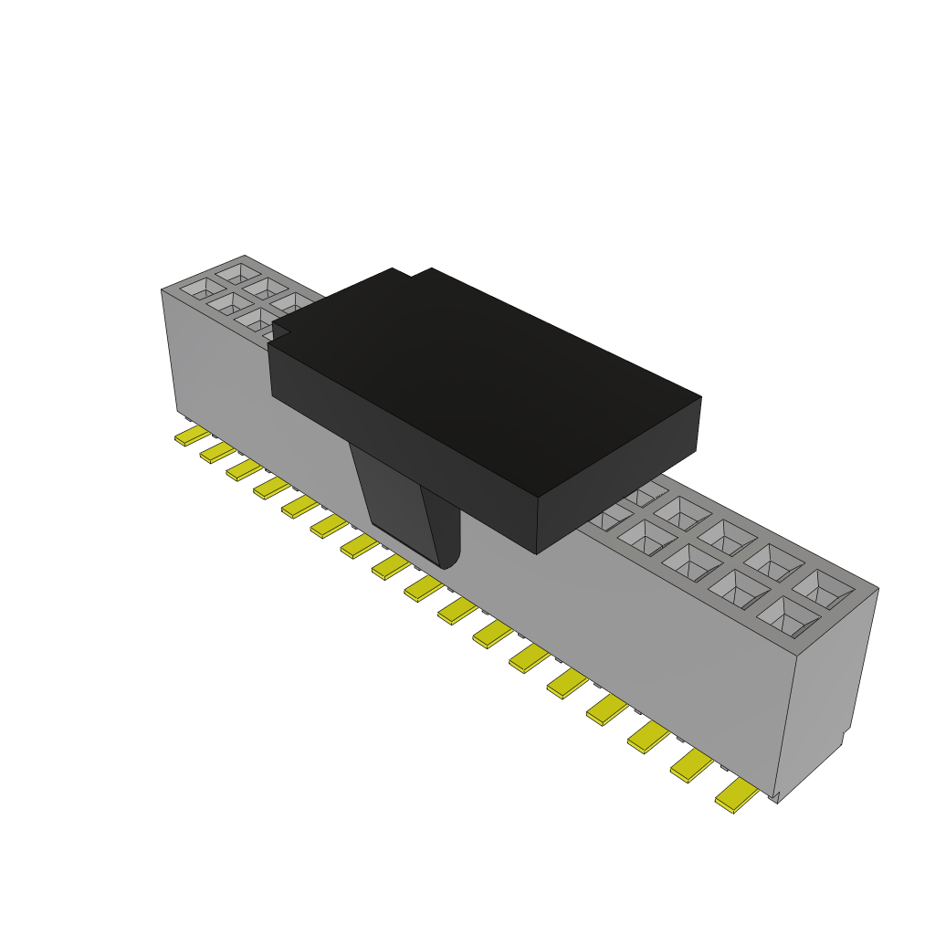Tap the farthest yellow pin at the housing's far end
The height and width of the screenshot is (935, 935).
click(x=192, y=436)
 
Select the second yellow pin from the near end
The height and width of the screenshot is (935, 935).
click(x=691, y=765)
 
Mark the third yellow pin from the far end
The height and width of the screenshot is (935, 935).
click(x=244, y=468)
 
